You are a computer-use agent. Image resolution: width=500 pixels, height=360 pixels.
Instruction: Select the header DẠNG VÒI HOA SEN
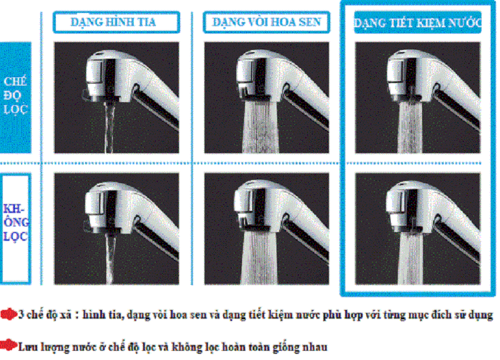click(x=267, y=22)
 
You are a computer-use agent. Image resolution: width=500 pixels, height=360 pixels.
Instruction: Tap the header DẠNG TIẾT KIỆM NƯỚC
click(x=418, y=22)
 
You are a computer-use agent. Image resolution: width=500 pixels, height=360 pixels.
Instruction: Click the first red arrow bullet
click(x=9, y=314)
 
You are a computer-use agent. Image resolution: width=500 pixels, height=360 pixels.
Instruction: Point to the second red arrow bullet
click(x=9, y=345)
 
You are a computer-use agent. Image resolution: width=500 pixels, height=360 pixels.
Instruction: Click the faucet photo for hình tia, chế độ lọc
click(x=117, y=97)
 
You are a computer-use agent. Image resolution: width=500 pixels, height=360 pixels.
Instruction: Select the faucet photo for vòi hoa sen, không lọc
click(x=267, y=228)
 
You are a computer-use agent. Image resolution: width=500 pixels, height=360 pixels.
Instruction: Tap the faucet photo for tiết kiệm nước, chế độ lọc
click(x=418, y=97)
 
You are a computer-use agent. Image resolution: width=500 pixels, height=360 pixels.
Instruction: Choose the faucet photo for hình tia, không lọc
click(x=117, y=228)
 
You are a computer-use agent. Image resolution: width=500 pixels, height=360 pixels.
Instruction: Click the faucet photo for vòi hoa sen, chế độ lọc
click(x=267, y=97)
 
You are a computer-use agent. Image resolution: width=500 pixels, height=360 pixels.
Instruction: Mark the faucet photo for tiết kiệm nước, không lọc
click(x=418, y=228)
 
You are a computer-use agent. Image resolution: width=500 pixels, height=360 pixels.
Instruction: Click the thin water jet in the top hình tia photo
click(x=109, y=127)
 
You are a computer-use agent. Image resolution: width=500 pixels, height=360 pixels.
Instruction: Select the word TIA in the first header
click(x=147, y=22)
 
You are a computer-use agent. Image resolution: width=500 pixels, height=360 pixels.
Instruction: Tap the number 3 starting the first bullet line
click(x=21, y=315)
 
